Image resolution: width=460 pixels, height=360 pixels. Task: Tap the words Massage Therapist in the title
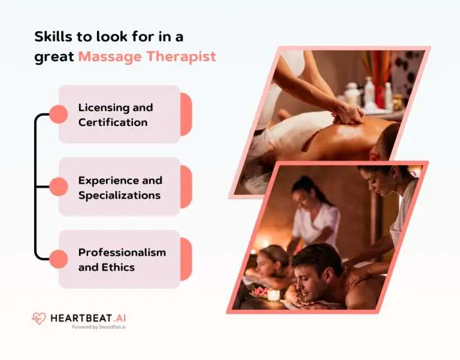146,56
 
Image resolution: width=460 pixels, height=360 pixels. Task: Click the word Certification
112,122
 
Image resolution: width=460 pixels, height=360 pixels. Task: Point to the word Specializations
119,195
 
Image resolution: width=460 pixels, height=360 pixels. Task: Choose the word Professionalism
122,252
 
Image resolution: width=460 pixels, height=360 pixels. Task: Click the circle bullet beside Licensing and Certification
58,114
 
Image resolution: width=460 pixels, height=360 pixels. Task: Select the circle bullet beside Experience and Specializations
58,187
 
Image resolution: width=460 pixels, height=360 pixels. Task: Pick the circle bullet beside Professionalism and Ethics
58,259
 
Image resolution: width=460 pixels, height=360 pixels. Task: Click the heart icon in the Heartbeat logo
39,318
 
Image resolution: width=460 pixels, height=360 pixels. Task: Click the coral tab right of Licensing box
186,114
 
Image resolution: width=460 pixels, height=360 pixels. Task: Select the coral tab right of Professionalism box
186,259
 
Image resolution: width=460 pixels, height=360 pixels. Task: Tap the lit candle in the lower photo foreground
273,294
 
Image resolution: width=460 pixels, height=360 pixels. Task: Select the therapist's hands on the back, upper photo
349,114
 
